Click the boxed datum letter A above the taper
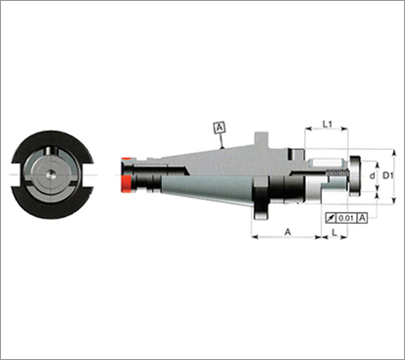pyautogui.click(x=220, y=128)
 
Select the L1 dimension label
pyautogui.click(x=328, y=124)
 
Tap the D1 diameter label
pyautogui.click(x=387, y=176)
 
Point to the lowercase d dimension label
pyautogui.click(x=372, y=176)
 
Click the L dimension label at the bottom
pyautogui.click(x=334, y=232)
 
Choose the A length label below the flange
pyautogui.click(x=287, y=231)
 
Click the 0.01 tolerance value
pyautogui.click(x=346, y=218)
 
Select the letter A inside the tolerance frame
pyautogui.click(x=362, y=218)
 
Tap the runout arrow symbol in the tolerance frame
pyautogui.click(x=330, y=218)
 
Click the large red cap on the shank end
pyautogui.click(x=127, y=183)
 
